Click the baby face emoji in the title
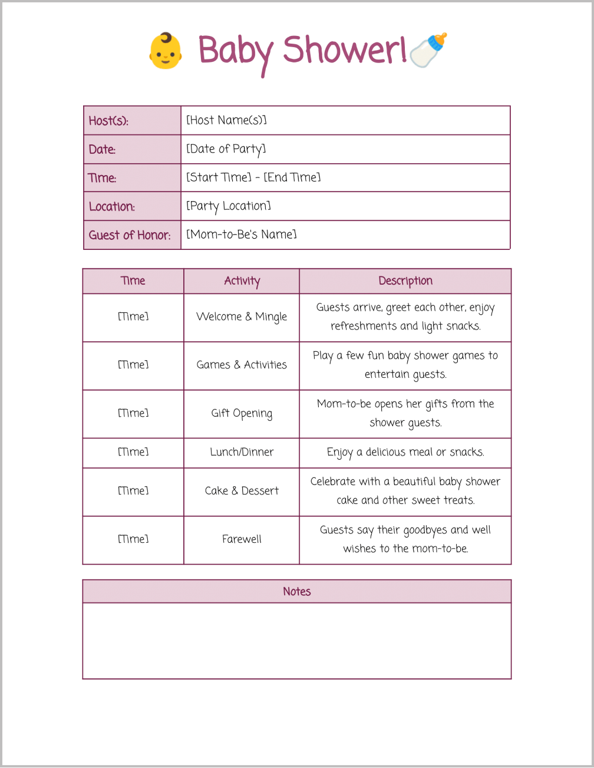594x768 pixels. [166, 51]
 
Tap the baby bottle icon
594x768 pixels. [428, 50]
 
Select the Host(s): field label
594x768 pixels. [108, 121]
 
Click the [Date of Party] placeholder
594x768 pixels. [226, 149]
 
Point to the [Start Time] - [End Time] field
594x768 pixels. [253, 177]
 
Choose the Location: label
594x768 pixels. [112, 206]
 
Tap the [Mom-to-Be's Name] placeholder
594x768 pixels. [242, 235]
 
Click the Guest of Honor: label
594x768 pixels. [130, 235]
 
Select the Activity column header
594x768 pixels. [242, 281]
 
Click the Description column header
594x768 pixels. [405, 281]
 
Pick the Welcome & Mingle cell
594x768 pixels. [242, 317]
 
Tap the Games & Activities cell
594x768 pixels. [242, 365]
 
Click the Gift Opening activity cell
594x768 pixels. [242, 413]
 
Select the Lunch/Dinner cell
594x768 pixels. [242, 452]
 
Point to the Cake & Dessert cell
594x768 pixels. [242, 491]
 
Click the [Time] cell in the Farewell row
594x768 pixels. [133, 539]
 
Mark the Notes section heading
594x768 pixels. [296, 592]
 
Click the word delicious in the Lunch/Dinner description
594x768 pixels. [387, 452]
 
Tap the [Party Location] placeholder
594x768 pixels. [229, 206]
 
